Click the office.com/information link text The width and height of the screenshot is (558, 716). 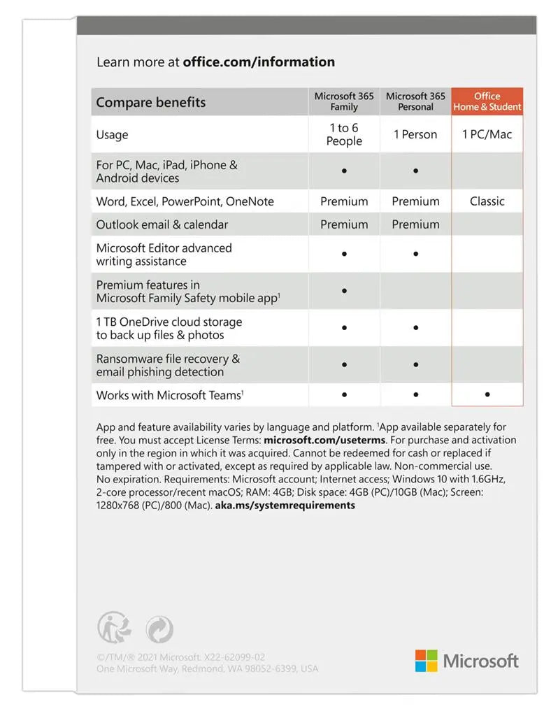click(259, 62)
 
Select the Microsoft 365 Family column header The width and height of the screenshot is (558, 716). click(344, 101)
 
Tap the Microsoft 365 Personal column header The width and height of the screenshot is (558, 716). click(415, 101)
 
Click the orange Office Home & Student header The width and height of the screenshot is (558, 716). click(487, 101)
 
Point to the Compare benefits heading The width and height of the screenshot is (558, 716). click(151, 102)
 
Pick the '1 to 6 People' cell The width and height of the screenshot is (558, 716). click(344, 134)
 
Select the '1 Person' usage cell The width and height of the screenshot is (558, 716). click(415, 134)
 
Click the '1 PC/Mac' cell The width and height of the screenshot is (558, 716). click(487, 134)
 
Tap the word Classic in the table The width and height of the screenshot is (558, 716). click(487, 201)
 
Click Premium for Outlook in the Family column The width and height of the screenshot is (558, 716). click(344, 224)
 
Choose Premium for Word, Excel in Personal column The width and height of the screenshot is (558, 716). click(415, 201)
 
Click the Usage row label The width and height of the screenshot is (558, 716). click(113, 135)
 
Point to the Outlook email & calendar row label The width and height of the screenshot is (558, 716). click(162, 224)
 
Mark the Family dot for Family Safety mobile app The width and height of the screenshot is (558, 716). click(344, 291)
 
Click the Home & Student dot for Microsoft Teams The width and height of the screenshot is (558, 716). click(487, 395)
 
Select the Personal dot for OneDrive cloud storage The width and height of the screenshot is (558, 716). click(415, 327)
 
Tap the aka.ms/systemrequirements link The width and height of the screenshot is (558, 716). click(285, 505)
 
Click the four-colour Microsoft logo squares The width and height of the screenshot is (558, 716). click(426, 661)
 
